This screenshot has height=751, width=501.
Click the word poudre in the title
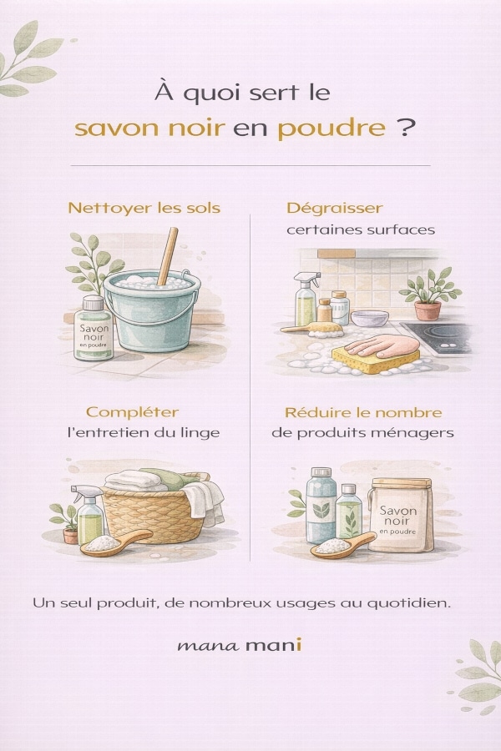331,129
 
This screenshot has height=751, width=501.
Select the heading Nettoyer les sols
144,208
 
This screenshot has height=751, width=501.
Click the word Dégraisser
335,209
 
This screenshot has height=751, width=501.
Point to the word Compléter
132,412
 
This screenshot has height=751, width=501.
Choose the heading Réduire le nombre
363,412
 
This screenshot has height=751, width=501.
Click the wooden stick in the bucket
168,256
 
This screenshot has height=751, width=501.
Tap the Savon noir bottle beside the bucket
93,329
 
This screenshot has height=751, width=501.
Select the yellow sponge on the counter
376,360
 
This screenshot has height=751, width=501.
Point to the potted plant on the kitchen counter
428,294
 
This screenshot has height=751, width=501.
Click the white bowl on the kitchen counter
370,319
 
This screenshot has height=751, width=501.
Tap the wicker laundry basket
154,515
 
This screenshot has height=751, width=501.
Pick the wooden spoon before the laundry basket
115,542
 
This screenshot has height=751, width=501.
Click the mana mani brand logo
240,645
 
